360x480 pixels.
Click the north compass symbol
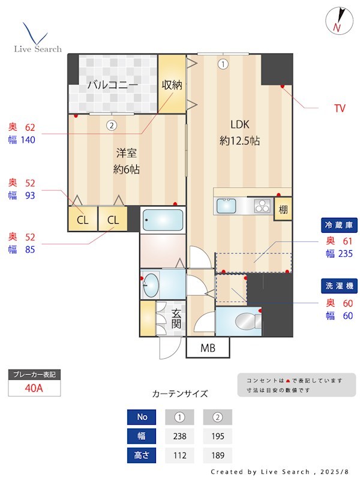pyautogui.click(x=338, y=20)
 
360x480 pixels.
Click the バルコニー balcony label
pyautogui.click(x=112, y=85)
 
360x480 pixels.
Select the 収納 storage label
pyautogui.click(x=172, y=85)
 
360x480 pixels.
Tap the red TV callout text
pyautogui.click(x=340, y=109)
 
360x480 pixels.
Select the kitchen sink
pyautogui.click(x=227, y=205)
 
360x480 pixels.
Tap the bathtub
pyautogui.click(x=163, y=220)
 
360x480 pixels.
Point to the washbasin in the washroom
pyautogui.click(x=151, y=284)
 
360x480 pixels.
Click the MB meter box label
pyautogui.click(x=207, y=348)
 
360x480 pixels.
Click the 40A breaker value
pyautogui.click(x=34, y=388)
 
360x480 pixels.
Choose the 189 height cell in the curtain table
pyautogui.click(x=217, y=456)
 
